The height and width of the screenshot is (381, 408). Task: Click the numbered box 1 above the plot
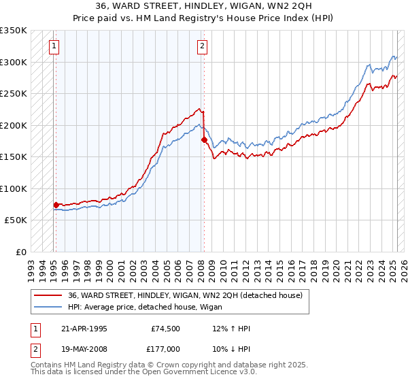tap(54, 46)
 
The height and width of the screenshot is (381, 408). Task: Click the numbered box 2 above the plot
tap(203, 46)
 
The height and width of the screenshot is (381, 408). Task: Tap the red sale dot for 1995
tap(56, 204)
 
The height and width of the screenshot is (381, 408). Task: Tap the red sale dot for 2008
tap(204, 139)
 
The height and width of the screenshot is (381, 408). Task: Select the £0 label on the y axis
tap(20, 252)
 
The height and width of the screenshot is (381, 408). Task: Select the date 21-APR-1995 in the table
tap(82, 329)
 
